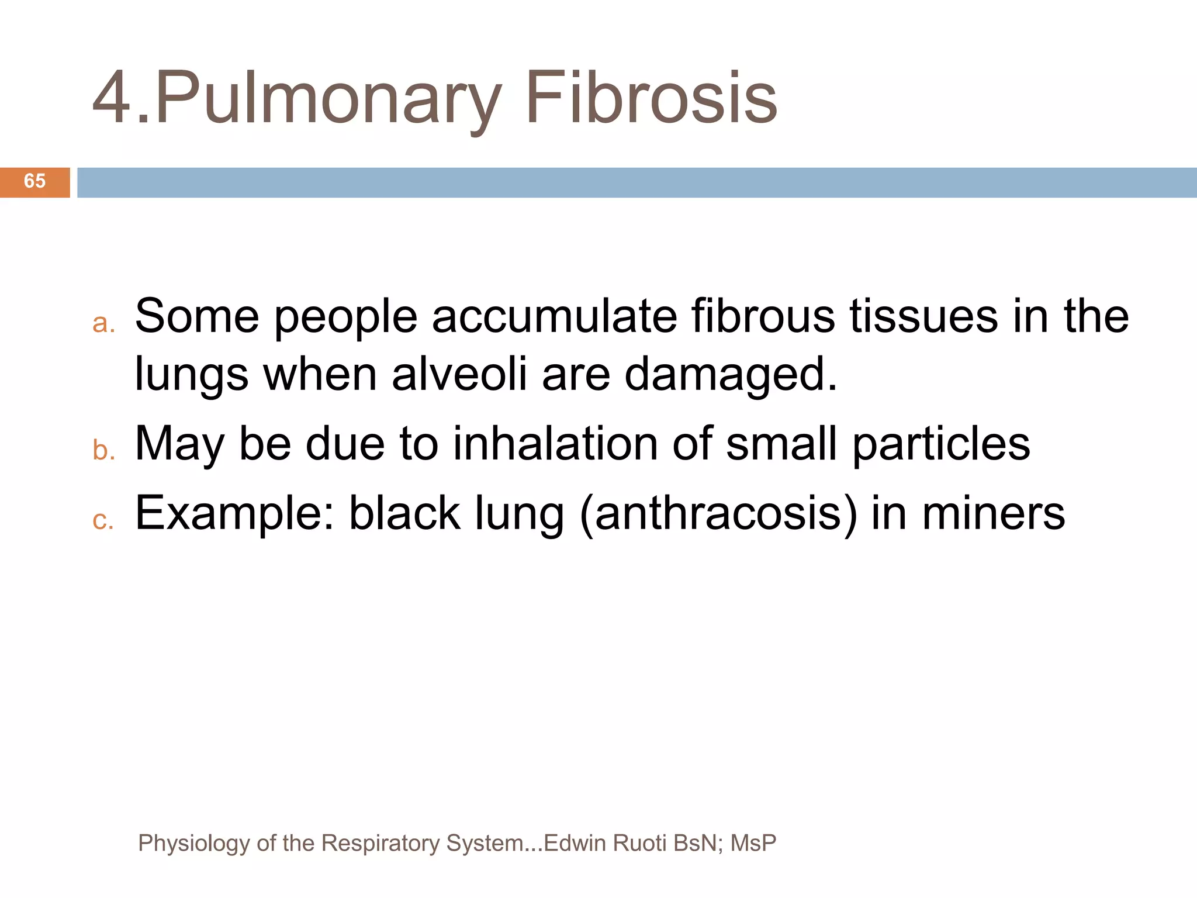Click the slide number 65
click(34, 181)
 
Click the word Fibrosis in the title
click(651, 98)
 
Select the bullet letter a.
click(103, 323)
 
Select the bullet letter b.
click(103, 451)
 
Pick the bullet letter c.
click(103, 520)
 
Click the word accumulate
click(555, 316)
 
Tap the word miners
click(994, 513)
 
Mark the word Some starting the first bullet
click(197, 316)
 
